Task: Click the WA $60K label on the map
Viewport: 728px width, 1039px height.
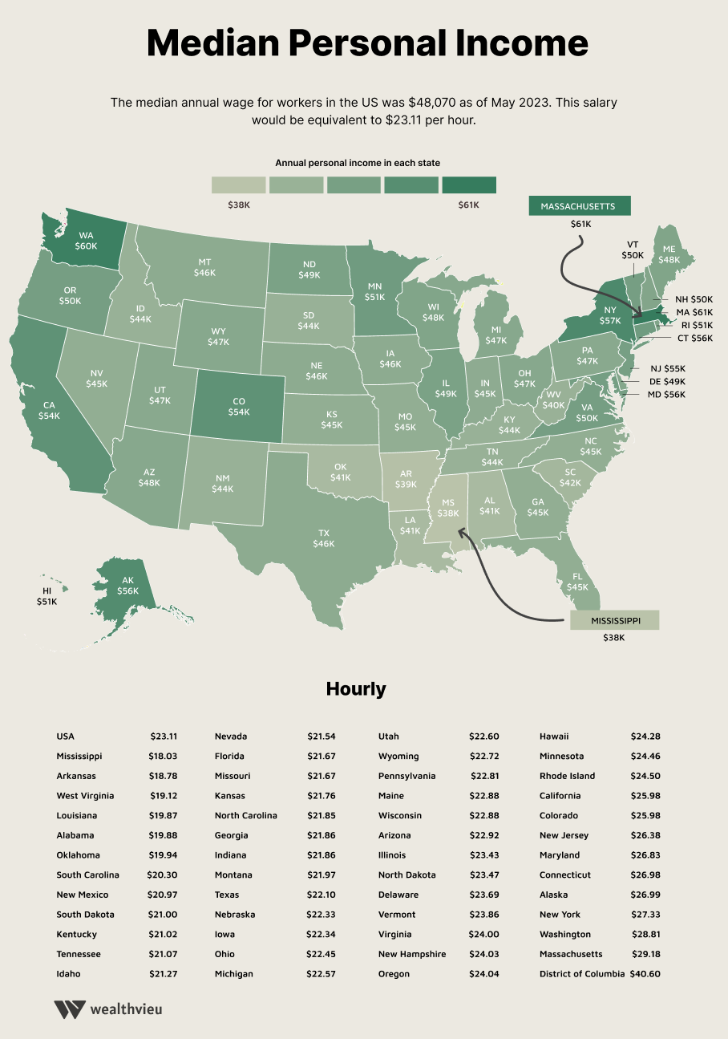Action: (x=86, y=241)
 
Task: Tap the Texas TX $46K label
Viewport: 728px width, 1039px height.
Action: (x=324, y=538)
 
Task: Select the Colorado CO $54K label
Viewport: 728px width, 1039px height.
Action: (x=239, y=407)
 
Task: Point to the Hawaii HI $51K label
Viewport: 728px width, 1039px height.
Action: (x=47, y=595)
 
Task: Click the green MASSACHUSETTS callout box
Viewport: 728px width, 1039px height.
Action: (x=579, y=206)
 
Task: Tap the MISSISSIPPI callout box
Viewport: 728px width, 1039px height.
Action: (x=614, y=621)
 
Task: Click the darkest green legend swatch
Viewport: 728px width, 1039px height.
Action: (x=469, y=185)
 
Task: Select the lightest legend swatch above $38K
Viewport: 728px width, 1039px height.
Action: (x=238, y=185)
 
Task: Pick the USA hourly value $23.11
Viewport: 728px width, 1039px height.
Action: (x=164, y=737)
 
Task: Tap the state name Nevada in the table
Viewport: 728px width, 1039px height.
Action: (x=231, y=737)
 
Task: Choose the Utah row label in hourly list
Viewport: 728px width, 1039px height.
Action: (x=388, y=737)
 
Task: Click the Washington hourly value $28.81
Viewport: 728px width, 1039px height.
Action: (x=645, y=935)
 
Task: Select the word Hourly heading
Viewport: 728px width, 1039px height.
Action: (x=356, y=689)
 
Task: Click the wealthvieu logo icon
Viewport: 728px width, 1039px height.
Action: (x=70, y=1009)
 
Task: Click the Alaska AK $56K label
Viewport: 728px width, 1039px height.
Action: (x=127, y=585)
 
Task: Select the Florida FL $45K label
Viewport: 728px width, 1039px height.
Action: (x=576, y=581)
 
